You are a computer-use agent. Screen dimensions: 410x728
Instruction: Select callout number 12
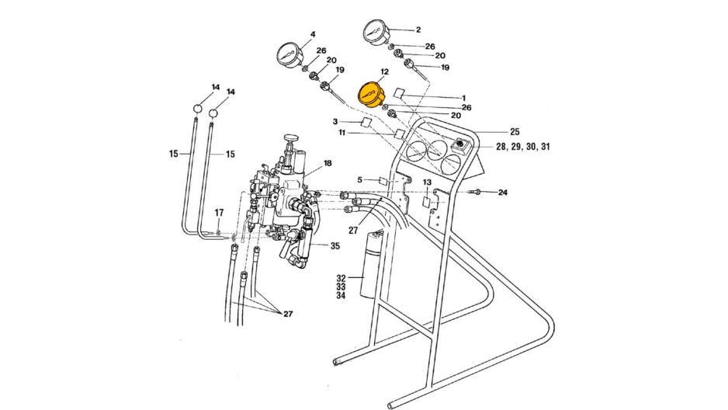click(383, 72)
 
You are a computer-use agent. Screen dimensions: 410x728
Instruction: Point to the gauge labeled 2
click(376, 35)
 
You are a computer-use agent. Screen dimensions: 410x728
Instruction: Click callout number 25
click(514, 132)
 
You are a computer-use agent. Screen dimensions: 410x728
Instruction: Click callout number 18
click(328, 164)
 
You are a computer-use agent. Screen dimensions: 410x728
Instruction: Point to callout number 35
click(335, 246)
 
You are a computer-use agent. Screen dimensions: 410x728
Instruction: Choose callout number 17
click(219, 213)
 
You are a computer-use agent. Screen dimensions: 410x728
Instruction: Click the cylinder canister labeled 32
click(370, 264)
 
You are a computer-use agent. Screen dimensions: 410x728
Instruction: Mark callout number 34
click(341, 296)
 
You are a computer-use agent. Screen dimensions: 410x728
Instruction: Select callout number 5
click(360, 180)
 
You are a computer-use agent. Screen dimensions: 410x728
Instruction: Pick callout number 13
click(427, 182)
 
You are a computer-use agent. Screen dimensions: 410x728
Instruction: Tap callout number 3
click(335, 122)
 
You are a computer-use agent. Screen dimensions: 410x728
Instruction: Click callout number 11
click(341, 133)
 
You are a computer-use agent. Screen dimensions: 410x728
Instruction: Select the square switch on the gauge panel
click(460, 144)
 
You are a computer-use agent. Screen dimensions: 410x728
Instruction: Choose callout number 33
click(341, 287)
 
